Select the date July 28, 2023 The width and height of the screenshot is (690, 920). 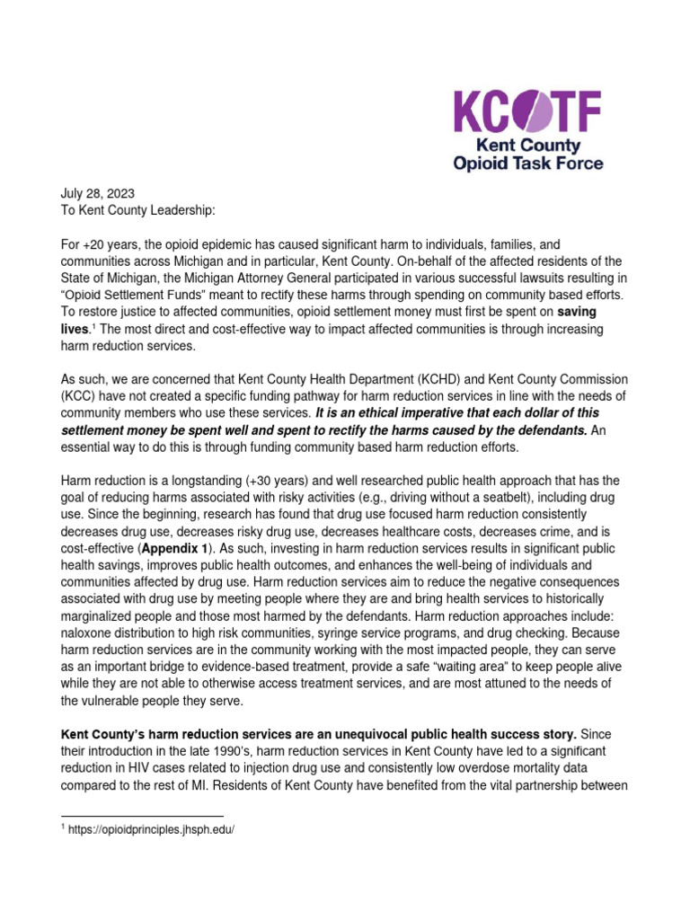click(97, 193)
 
